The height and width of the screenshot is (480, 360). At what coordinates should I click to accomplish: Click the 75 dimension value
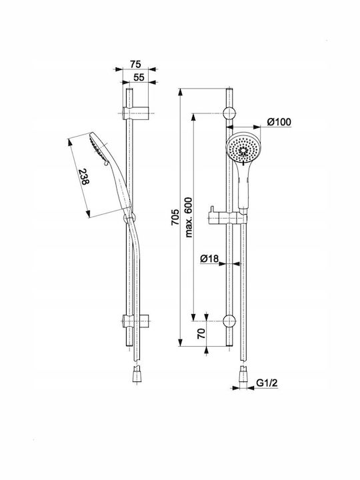(x=135, y=64)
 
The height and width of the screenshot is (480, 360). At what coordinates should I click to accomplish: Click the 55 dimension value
(x=139, y=77)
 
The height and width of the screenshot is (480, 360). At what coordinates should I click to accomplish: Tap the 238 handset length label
(x=84, y=177)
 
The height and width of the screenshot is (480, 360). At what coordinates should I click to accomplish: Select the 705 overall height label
(x=175, y=217)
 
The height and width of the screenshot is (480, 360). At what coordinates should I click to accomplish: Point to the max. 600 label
(x=189, y=217)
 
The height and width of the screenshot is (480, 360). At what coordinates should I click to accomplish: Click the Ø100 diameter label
(x=279, y=122)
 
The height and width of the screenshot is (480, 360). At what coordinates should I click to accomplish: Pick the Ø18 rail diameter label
(x=209, y=259)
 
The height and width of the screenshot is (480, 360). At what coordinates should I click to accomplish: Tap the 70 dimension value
(x=201, y=333)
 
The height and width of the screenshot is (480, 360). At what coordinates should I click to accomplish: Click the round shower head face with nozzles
(x=243, y=148)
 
